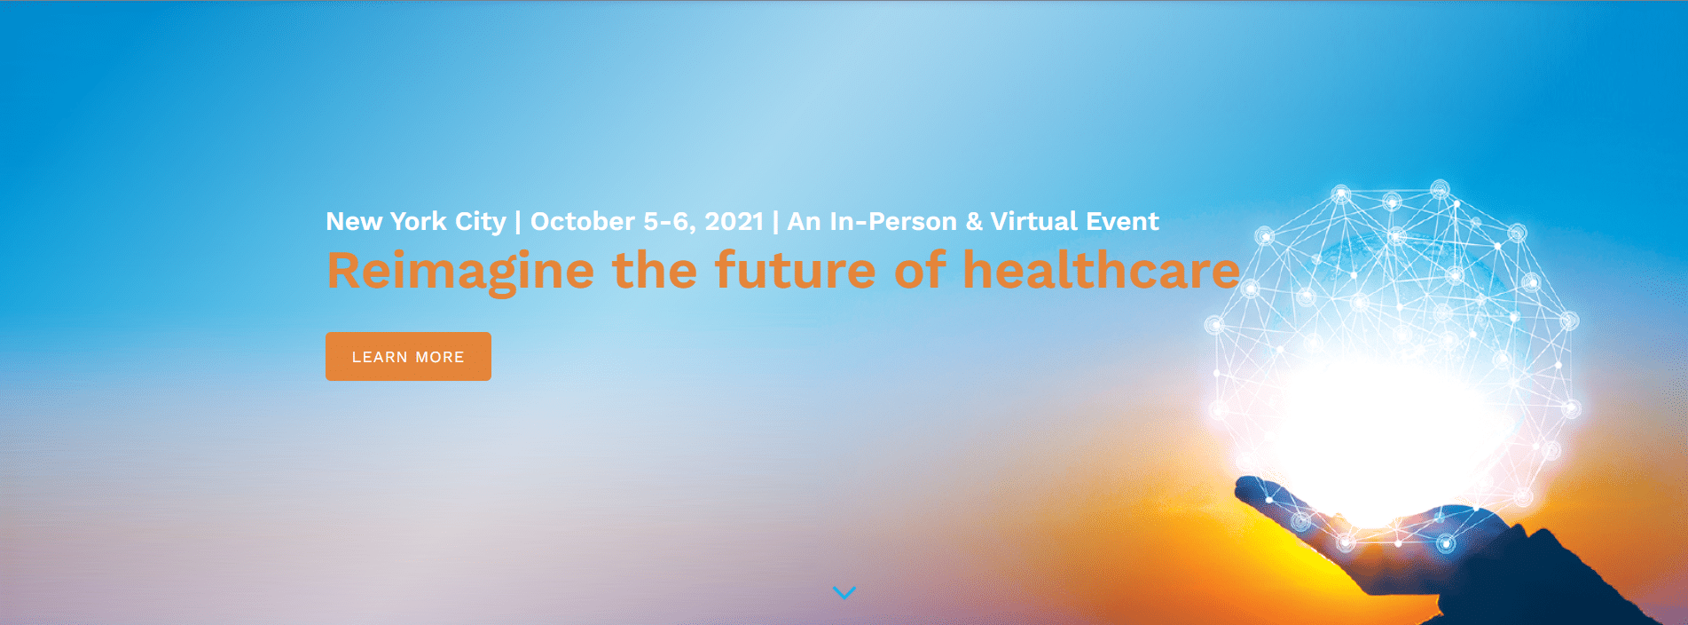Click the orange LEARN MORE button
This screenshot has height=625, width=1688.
tap(408, 356)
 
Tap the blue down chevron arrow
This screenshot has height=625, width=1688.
tap(844, 592)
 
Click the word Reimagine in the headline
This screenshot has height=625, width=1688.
tap(460, 271)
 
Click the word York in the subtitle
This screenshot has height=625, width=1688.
tap(419, 221)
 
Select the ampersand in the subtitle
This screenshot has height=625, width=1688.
tap(974, 221)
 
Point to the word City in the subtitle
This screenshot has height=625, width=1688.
tap(480, 222)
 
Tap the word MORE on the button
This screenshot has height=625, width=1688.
tap(440, 357)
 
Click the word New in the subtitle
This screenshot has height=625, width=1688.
tap(354, 221)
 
